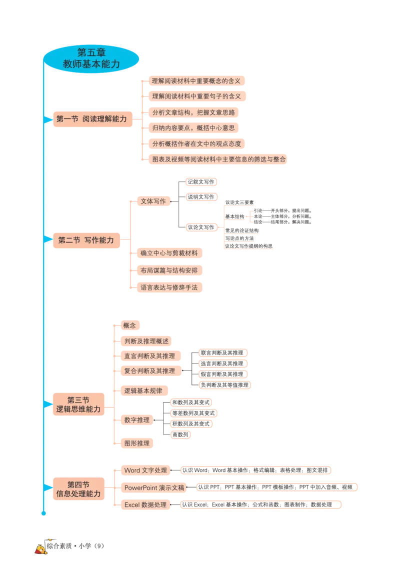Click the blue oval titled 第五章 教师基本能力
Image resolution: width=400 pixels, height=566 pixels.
(x=91, y=57)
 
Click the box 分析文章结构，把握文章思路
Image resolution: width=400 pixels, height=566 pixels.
(x=193, y=112)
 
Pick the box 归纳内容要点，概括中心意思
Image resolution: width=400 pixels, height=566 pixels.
(x=193, y=128)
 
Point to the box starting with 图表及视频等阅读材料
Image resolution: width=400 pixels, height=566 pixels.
(x=219, y=159)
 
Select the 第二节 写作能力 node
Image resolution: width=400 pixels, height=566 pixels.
(x=85, y=240)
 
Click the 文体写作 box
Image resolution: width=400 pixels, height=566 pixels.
(x=153, y=201)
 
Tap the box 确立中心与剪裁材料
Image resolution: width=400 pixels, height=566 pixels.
(x=169, y=253)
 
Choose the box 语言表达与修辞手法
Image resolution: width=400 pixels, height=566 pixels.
(x=169, y=288)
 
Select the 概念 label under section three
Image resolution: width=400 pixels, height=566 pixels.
(x=129, y=325)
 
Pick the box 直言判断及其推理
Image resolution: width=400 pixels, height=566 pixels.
(x=149, y=356)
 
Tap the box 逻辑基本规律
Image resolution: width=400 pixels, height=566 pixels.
(x=140, y=390)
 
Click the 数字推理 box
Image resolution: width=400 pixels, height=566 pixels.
(x=136, y=420)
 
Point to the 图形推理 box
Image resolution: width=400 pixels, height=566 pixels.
(x=136, y=442)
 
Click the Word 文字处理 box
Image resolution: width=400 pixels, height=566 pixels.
(x=145, y=470)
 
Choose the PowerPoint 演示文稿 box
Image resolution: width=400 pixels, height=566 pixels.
(x=154, y=487)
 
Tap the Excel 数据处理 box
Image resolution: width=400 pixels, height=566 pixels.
(x=145, y=505)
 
